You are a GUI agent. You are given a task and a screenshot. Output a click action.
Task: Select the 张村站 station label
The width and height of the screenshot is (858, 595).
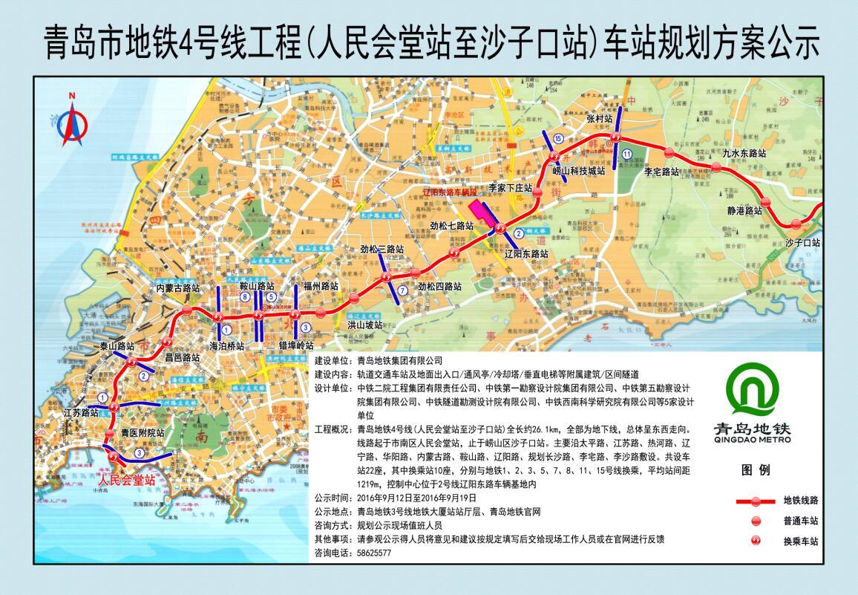[599, 118]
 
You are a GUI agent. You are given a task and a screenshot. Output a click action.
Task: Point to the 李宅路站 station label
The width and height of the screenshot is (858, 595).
[661, 171]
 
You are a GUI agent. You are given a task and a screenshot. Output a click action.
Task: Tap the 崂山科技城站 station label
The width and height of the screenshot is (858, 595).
[579, 171]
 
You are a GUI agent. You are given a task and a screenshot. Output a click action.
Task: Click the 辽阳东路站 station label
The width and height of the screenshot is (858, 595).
[525, 253]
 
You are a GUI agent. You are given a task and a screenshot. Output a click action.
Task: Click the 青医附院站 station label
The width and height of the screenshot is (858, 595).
[142, 432]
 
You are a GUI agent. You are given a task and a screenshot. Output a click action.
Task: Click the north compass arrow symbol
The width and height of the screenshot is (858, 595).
[72, 123]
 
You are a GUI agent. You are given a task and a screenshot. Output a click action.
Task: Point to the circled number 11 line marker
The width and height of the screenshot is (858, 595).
[627, 154]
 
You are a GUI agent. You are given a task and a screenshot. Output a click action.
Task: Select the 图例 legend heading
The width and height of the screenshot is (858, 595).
[756, 470]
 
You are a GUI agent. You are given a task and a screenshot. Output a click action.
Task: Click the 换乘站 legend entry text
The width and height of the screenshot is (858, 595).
[801, 542]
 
